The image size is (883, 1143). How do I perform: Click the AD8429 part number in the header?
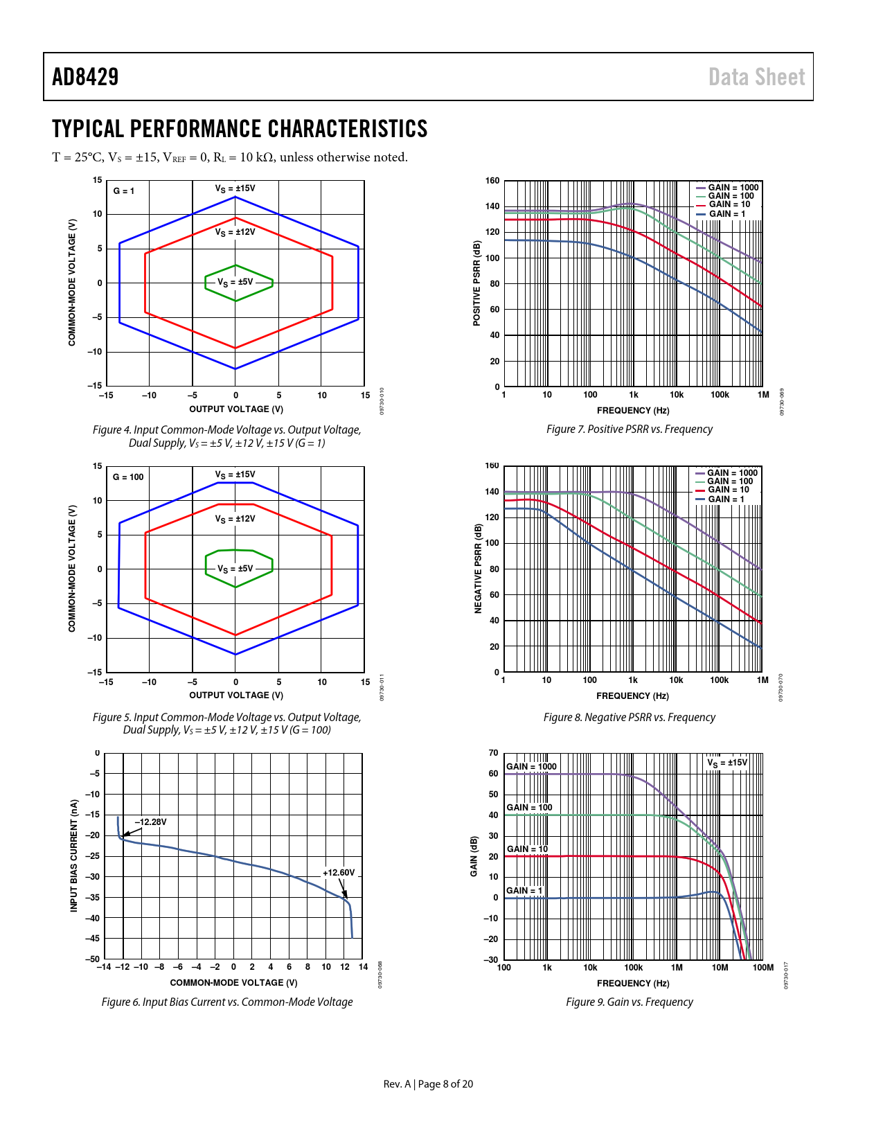tap(85, 77)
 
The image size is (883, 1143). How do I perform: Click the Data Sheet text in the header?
tap(756, 77)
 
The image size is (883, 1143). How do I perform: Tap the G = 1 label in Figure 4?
tap(124, 191)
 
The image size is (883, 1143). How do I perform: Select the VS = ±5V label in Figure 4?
tap(235, 283)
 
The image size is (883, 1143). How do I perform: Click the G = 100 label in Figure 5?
tap(128, 477)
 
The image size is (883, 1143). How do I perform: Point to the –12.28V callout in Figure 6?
tap(150, 822)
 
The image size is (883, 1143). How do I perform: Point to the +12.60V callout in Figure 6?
tap(339, 873)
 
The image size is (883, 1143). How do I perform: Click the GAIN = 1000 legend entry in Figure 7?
tap(728, 188)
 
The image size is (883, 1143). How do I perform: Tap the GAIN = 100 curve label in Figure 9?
tap(529, 808)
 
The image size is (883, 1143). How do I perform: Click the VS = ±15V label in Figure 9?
tap(727, 763)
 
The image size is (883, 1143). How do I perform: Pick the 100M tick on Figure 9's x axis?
tap(762, 968)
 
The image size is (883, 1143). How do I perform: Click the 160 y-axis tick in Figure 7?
tap(492, 181)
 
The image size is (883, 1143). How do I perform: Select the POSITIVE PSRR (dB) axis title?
tap(476, 283)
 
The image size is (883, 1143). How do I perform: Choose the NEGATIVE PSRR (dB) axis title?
tap(477, 569)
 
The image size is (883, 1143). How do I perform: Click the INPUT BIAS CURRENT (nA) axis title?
tap(74, 856)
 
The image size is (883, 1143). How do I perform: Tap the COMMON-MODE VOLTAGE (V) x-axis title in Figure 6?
tap(233, 982)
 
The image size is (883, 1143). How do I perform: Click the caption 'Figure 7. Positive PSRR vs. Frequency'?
tap(629, 429)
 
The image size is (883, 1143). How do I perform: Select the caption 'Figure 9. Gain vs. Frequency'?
tap(629, 1002)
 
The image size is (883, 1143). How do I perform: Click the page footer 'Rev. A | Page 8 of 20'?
tap(428, 1084)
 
